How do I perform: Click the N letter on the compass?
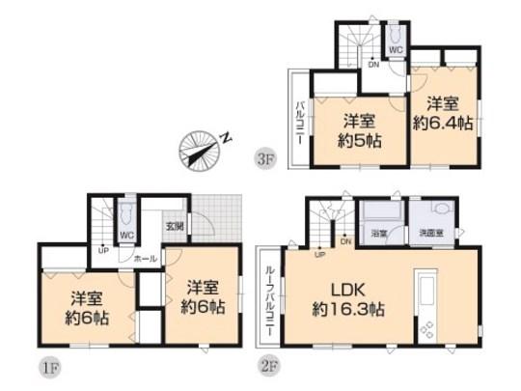[x=224, y=139]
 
